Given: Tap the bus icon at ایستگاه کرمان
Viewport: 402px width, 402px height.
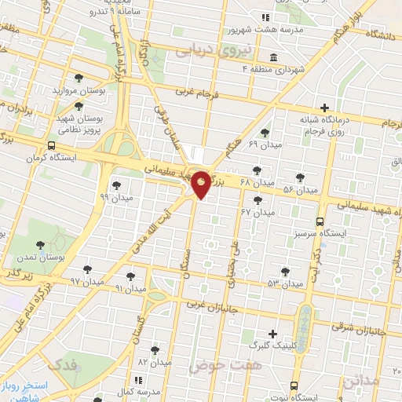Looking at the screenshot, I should [x=52, y=145].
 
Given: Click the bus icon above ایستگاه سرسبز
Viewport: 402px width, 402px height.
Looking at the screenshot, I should [x=320, y=221].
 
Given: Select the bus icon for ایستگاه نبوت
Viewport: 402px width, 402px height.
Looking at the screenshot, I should [x=293, y=386].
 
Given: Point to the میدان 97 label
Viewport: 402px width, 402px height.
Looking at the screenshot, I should [x=86, y=281].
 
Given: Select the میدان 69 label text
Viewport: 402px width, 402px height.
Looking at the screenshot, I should [x=263, y=145].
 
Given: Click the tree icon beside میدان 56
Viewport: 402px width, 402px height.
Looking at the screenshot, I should [x=299, y=177].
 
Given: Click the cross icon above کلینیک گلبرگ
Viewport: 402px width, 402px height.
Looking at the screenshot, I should [x=272, y=334].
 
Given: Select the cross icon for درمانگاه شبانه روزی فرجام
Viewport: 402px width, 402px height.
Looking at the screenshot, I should [x=325, y=108].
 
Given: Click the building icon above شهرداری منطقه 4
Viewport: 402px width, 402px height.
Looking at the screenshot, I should [x=272, y=57].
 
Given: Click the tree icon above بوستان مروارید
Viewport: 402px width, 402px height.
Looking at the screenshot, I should [x=78, y=77].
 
